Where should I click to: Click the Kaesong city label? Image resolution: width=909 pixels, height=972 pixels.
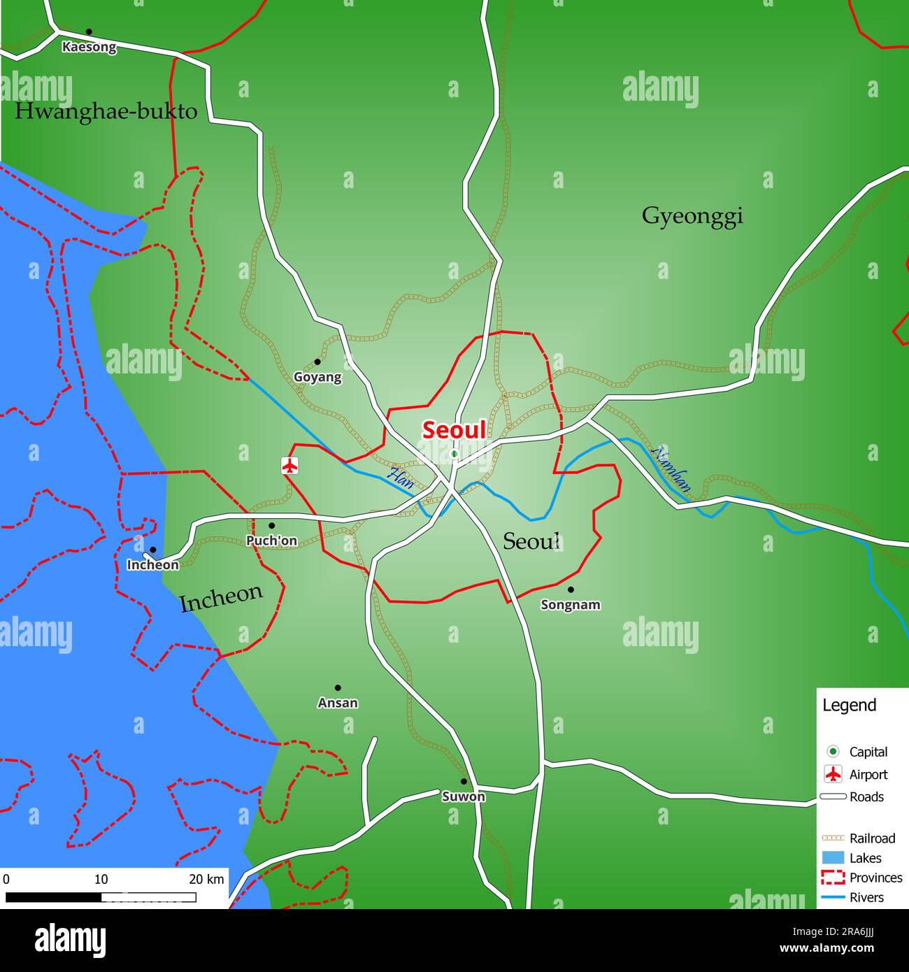tap(89, 48)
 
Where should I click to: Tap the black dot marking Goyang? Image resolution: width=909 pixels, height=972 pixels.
tap(317, 362)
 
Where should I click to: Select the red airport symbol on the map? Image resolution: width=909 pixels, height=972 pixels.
tap(289, 465)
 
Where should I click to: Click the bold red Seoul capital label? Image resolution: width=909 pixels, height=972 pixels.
tap(453, 430)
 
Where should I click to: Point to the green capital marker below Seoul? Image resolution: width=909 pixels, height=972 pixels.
tap(454, 454)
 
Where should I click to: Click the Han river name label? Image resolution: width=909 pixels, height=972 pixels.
tap(401, 478)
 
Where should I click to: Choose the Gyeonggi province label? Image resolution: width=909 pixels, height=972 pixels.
tap(692, 216)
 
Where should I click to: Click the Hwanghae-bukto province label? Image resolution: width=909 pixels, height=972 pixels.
tap(106, 112)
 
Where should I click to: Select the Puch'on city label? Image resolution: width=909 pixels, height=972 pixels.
tap(271, 541)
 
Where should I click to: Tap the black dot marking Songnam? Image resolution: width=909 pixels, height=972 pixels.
tap(571, 589)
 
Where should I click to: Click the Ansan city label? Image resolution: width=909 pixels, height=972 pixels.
tap(338, 703)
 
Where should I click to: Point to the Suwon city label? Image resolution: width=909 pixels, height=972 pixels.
tap(463, 796)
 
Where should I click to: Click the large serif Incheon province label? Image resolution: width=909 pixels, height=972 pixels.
tap(221, 598)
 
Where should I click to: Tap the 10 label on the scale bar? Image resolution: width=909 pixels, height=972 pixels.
tap(101, 879)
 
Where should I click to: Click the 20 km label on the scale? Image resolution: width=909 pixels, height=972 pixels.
tap(206, 879)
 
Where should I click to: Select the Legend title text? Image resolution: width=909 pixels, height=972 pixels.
tap(849, 706)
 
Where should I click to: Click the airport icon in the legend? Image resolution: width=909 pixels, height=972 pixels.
tap(833, 774)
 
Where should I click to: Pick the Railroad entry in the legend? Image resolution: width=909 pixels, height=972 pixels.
tap(872, 838)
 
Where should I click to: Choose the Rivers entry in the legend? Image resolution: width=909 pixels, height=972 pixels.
tap(866, 897)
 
